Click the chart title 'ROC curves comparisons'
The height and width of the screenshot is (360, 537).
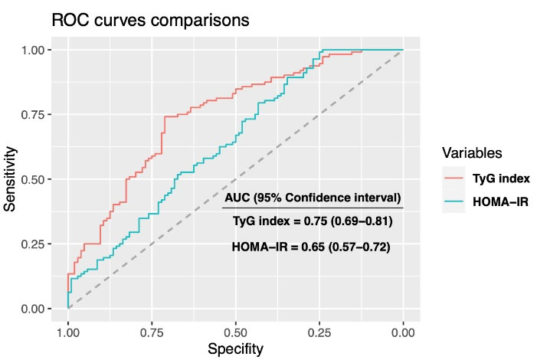click(x=150, y=21)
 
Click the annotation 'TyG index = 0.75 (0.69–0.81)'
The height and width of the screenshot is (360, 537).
click(x=312, y=221)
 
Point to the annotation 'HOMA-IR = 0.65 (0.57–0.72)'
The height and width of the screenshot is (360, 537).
click(x=312, y=247)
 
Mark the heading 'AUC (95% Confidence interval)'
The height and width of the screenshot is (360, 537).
click(x=313, y=197)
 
